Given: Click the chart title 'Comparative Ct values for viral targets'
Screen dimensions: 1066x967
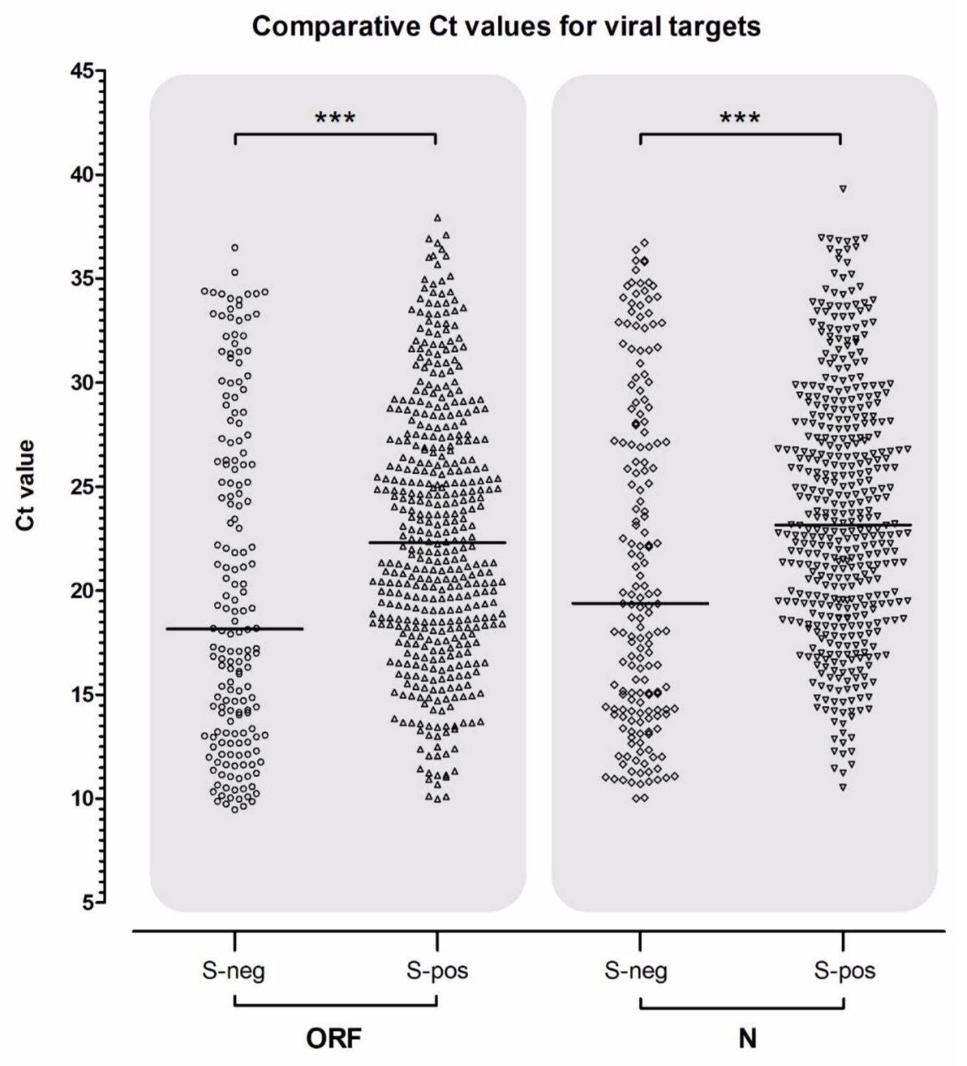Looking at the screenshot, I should (506, 27).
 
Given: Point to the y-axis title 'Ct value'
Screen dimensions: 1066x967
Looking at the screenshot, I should (26, 485).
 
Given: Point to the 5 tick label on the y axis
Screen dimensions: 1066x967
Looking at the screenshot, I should (88, 902).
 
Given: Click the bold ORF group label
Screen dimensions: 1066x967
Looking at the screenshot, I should (334, 1038).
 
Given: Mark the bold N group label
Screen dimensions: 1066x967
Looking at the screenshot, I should (747, 1038).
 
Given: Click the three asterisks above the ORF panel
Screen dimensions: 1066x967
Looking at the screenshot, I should (335, 118).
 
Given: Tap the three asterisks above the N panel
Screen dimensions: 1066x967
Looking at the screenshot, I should (740, 118).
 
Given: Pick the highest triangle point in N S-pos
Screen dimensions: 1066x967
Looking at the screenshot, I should (843, 189).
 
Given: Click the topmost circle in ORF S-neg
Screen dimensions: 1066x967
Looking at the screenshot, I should (235, 248).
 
